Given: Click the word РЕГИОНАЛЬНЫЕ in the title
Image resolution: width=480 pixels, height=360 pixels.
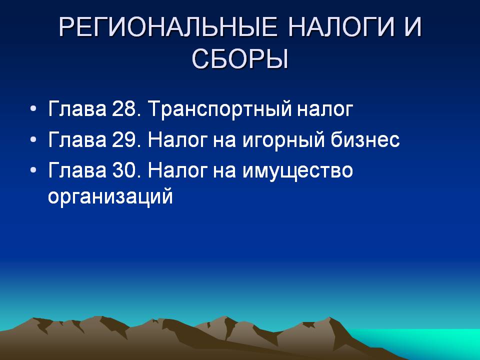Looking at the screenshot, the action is click(x=168, y=27).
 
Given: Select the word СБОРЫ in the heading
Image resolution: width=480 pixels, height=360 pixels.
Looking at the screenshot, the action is click(x=240, y=59).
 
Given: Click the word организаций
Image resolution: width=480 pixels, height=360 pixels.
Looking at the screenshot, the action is click(x=110, y=197).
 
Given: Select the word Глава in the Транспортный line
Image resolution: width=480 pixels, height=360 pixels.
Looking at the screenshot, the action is click(x=77, y=108).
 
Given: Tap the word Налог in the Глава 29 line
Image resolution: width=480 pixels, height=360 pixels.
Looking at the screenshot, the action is click(x=177, y=139).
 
